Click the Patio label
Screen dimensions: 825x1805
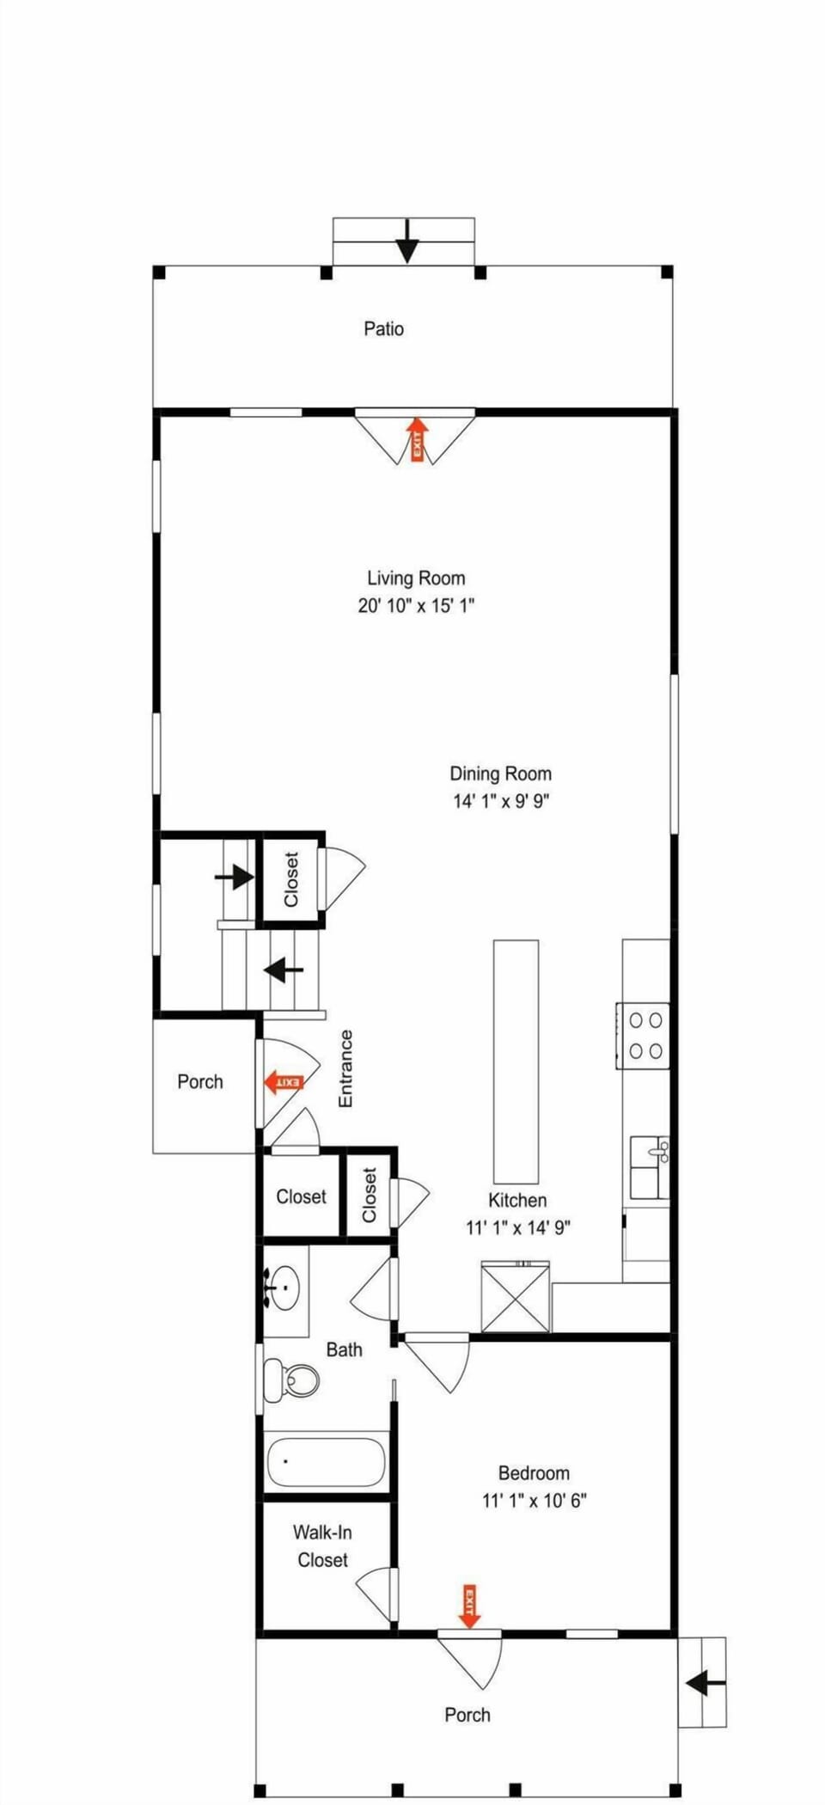click(x=383, y=328)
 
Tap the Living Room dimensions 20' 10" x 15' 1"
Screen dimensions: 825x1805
click(x=416, y=606)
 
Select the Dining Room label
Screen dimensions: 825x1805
click(x=501, y=774)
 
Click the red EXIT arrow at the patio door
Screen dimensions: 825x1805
click(x=418, y=439)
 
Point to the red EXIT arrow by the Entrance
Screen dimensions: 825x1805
click(x=284, y=1082)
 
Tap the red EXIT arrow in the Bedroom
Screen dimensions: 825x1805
click(x=469, y=1606)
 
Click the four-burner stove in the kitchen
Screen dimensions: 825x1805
click(x=643, y=1036)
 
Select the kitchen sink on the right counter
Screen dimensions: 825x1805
click(x=650, y=1167)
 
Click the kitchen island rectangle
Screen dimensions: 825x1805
click(x=516, y=1062)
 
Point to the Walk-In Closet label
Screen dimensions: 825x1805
click(x=322, y=1545)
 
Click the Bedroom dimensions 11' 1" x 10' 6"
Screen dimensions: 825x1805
click(x=535, y=1501)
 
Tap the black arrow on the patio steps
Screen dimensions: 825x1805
click(x=406, y=242)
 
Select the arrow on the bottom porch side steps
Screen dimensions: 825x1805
click(x=706, y=1682)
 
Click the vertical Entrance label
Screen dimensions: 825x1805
click(x=345, y=1068)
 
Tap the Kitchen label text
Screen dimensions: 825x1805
click(x=517, y=1200)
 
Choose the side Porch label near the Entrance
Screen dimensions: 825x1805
click(x=200, y=1081)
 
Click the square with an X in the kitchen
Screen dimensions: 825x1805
click(x=515, y=1298)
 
